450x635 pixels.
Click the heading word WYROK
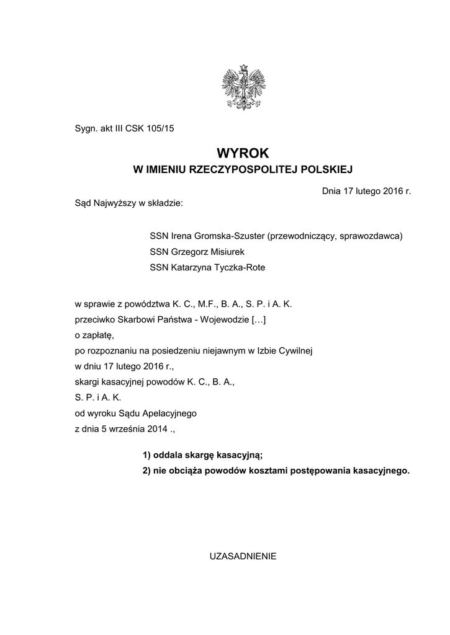(243, 153)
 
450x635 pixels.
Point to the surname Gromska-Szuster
(230, 236)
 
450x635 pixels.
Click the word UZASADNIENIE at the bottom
(243, 556)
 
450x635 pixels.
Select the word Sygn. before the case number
(86, 130)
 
